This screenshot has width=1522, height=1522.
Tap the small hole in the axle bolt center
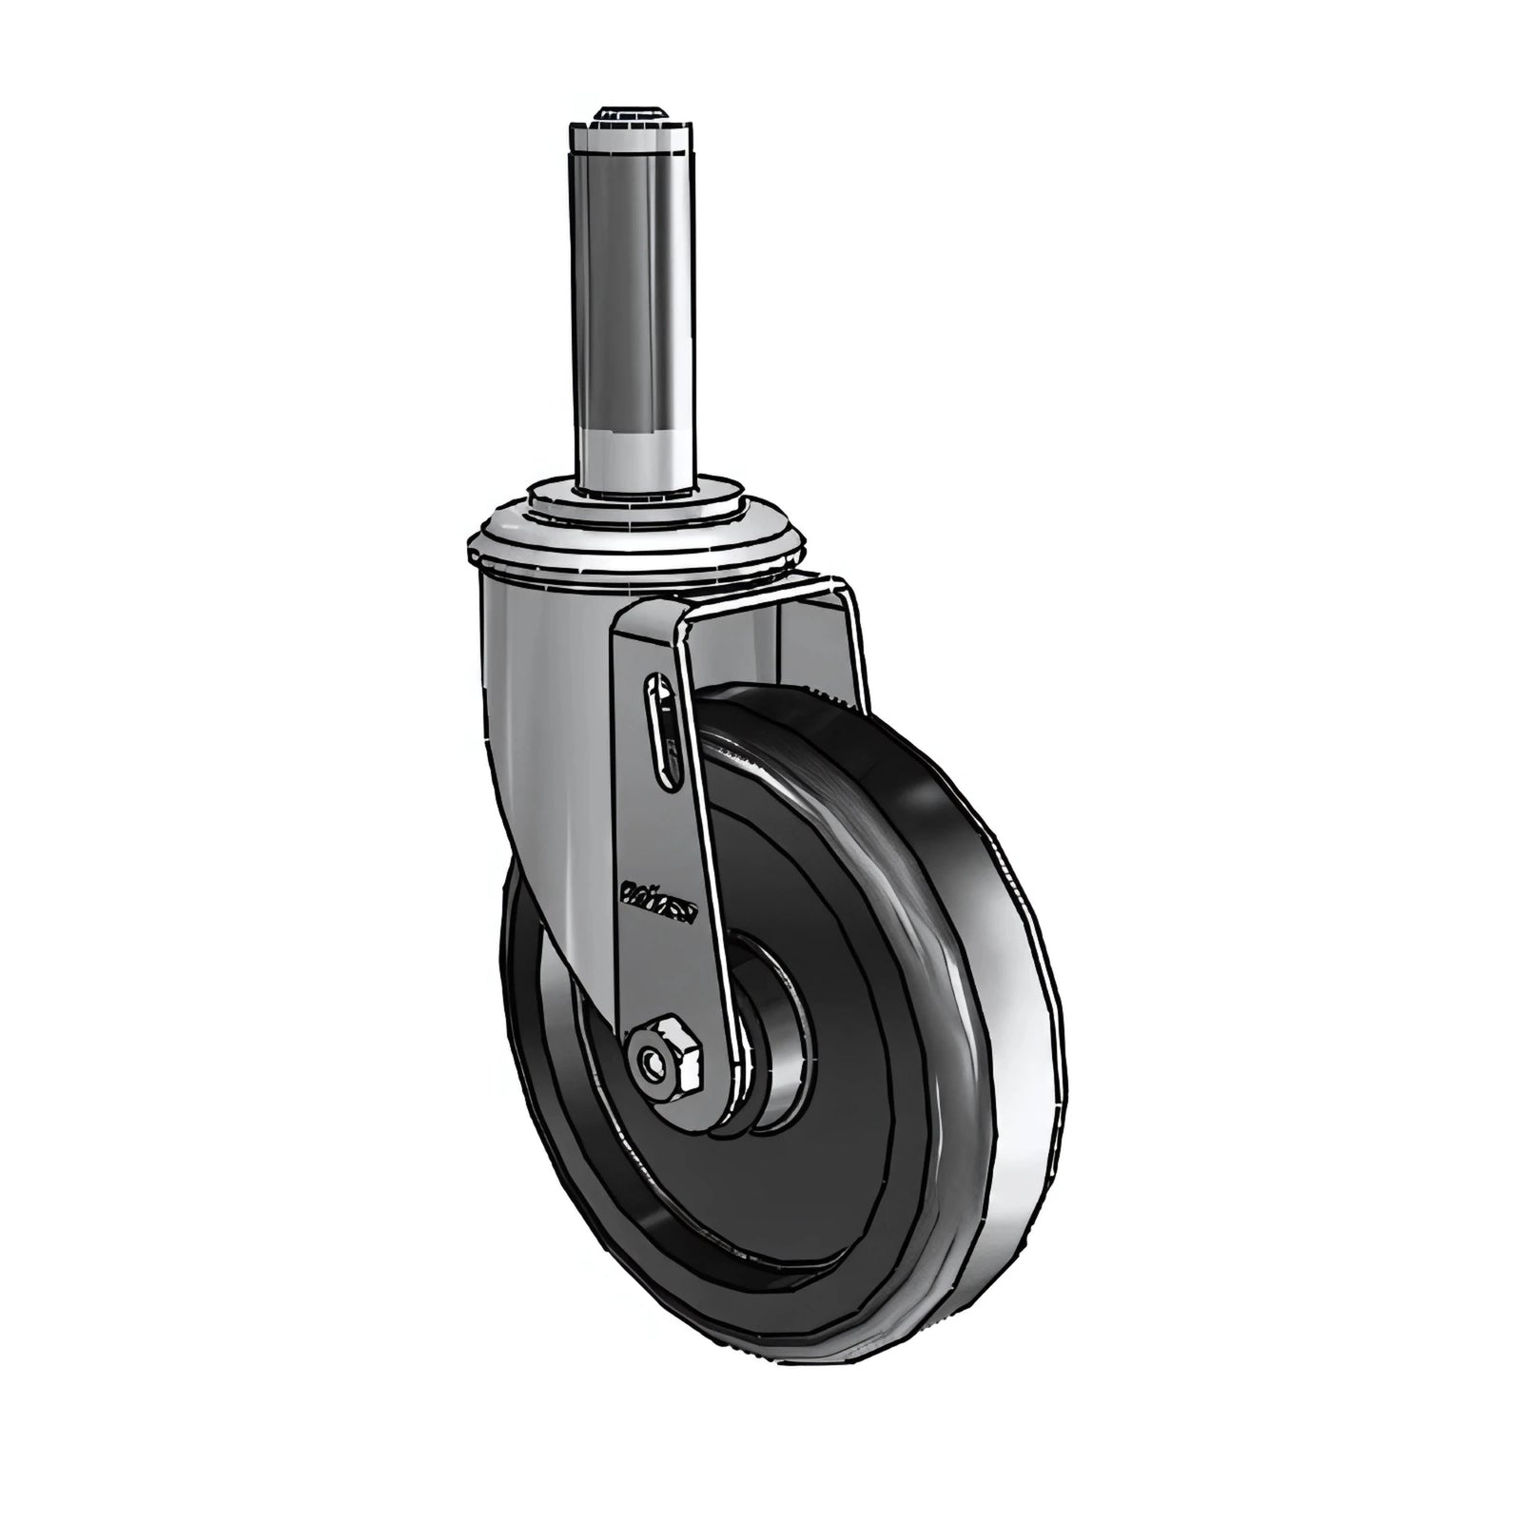[x=653, y=1062]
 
